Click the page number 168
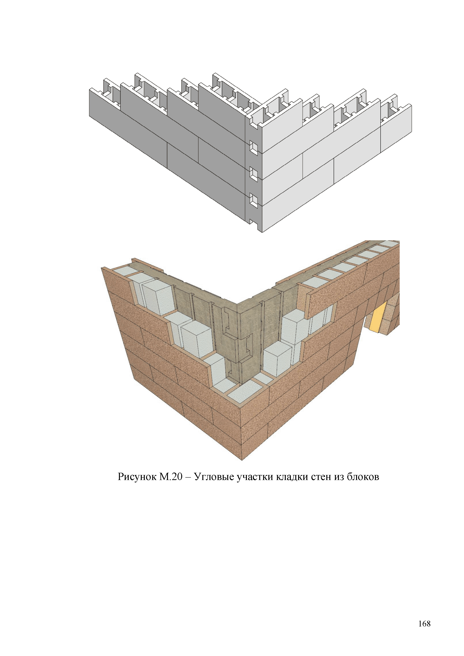[424, 623]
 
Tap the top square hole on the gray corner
[253, 147]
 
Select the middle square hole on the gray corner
[253, 174]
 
